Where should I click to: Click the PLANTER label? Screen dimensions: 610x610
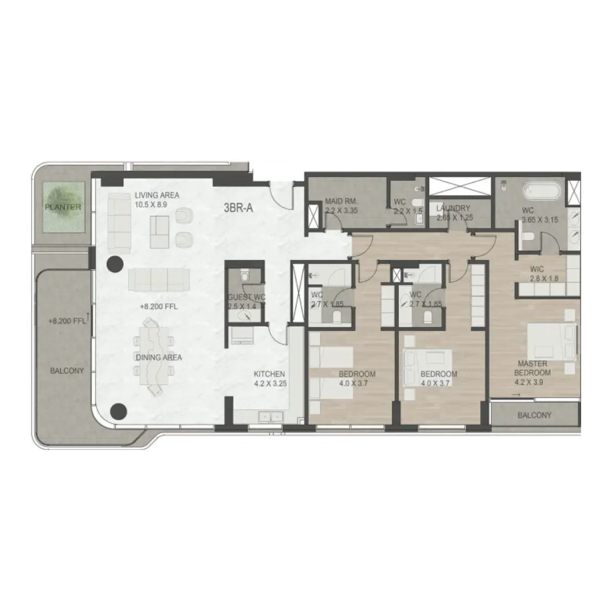coord(63,207)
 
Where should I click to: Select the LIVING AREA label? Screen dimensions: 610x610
coord(157,195)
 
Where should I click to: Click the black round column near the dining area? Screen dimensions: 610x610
coord(118,411)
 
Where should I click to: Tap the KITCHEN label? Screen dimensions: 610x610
coord(269,374)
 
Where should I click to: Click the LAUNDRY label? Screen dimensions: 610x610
coord(453,209)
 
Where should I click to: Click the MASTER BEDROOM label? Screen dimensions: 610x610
coord(533,368)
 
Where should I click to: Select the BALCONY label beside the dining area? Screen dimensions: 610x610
coord(67,370)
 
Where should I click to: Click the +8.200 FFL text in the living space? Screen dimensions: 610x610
coord(158,306)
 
